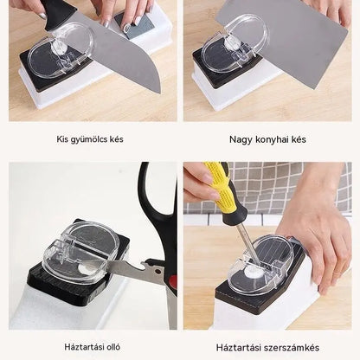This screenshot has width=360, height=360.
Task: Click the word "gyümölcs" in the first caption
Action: click(88, 139)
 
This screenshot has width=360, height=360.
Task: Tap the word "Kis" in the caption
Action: click(62, 139)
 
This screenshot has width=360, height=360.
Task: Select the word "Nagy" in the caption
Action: click(239, 140)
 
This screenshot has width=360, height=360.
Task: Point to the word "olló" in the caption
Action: click(113, 347)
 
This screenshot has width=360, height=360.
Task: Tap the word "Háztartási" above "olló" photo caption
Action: click(84, 347)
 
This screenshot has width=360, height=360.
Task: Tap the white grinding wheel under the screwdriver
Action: click(254, 272)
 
